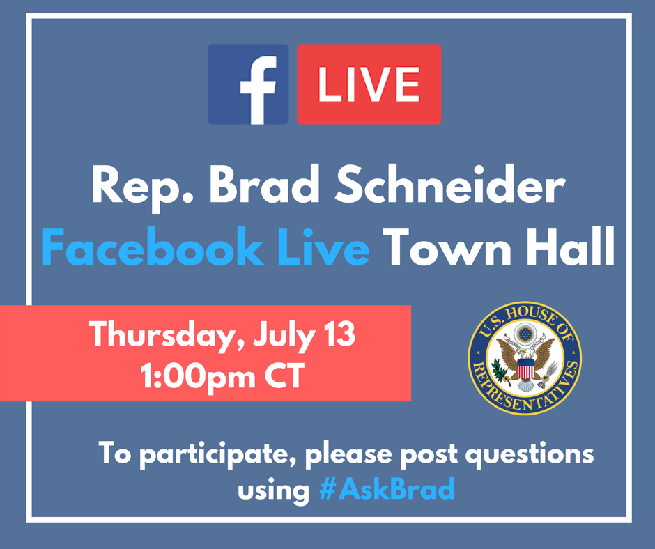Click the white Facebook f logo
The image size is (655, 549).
point(258,91)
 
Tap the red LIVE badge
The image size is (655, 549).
point(369,84)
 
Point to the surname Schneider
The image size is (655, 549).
point(450,184)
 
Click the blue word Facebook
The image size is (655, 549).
point(153,247)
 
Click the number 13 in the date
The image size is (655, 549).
point(339,334)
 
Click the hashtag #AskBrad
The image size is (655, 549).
point(387,488)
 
